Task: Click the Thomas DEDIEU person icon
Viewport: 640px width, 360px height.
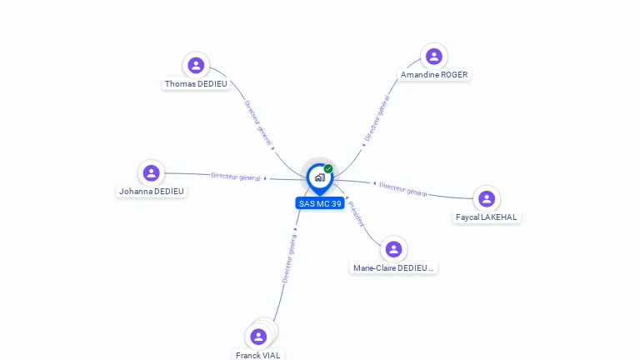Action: (x=196, y=65)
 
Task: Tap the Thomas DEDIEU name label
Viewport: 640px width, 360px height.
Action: (x=196, y=84)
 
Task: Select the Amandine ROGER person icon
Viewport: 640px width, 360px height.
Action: (x=433, y=57)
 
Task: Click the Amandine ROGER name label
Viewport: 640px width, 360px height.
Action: (x=434, y=75)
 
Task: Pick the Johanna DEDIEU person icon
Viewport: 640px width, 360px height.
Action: (x=151, y=172)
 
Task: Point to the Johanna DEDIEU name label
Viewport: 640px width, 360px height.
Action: (x=152, y=192)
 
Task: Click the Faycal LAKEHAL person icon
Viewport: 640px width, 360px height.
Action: (x=487, y=198)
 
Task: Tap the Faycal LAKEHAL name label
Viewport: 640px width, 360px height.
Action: (x=487, y=217)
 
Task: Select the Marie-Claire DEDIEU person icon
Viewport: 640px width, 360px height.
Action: (x=393, y=249)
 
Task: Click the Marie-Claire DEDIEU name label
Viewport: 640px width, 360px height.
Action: (x=393, y=268)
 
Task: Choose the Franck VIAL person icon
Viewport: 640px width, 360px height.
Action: (x=258, y=337)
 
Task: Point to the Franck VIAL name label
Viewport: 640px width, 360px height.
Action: (x=258, y=355)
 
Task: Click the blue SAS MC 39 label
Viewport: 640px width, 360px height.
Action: (x=320, y=203)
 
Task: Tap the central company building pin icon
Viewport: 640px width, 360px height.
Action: (x=319, y=177)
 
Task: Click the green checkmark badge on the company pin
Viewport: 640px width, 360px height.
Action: (x=328, y=169)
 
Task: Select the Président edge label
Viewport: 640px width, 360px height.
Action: (x=357, y=214)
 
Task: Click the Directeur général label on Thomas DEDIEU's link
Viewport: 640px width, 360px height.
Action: (x=257, y=122)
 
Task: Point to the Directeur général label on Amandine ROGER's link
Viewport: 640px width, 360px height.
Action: (x=377, y=118)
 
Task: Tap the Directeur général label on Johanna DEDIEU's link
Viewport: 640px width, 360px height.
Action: (x=236, y=177)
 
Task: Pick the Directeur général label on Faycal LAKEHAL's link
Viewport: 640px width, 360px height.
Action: (x=403, y=189)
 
